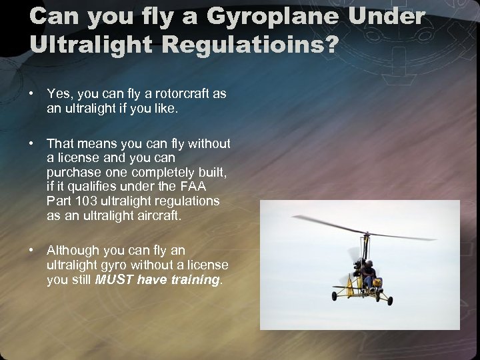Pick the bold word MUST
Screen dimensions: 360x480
pos(114,280)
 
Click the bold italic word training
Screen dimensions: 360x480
pos(194,280)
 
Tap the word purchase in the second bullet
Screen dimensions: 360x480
pos(73,172)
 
